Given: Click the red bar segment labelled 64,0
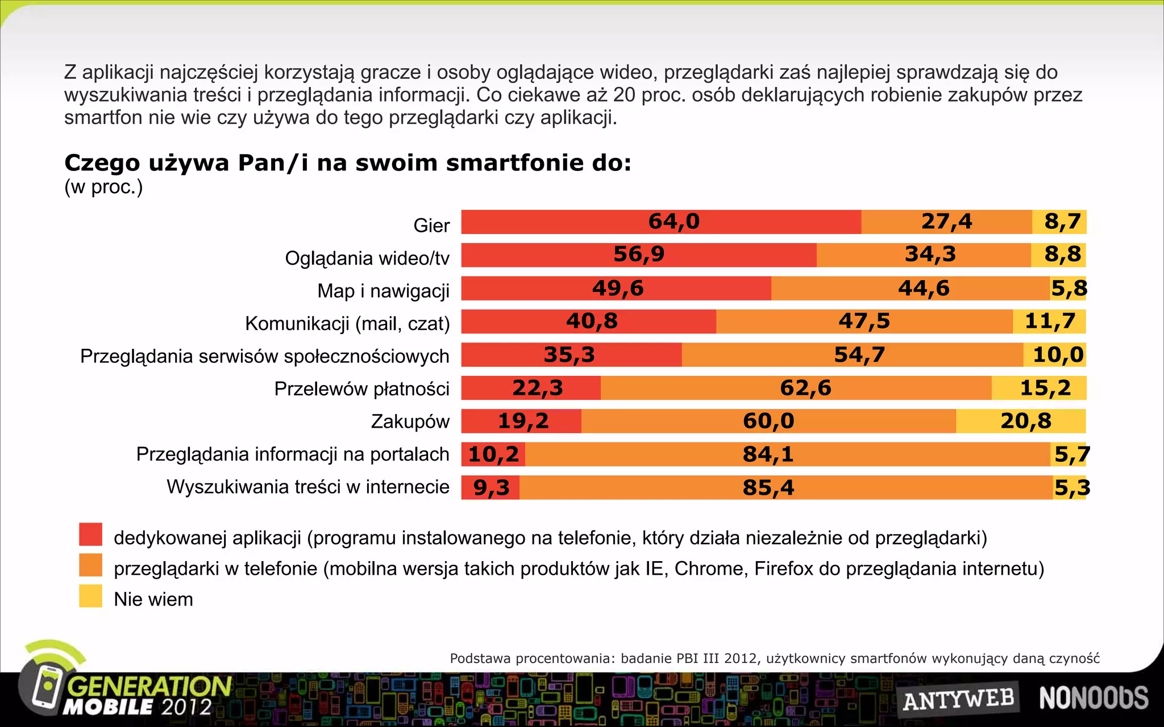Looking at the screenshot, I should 661,222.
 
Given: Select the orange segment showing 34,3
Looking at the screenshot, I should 924,255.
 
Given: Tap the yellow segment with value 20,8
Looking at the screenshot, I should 1021,421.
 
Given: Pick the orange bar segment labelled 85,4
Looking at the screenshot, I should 785,488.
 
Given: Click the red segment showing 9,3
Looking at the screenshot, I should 490,488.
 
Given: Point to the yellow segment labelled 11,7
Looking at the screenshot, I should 1049,321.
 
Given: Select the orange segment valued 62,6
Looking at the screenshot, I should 796,388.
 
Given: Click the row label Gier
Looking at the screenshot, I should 431,225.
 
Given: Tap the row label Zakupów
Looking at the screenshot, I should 410,421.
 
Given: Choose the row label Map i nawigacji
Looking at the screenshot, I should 383,291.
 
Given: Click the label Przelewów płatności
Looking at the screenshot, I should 361,389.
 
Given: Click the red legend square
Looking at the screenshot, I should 90,534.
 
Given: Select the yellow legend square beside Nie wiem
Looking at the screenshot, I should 90,596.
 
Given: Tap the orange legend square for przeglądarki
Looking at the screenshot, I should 90,565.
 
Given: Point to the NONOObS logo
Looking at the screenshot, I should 1094,698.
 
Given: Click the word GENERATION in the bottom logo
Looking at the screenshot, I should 149,686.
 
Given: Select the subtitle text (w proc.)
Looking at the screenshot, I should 103,187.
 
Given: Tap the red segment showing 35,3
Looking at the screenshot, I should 571,355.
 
